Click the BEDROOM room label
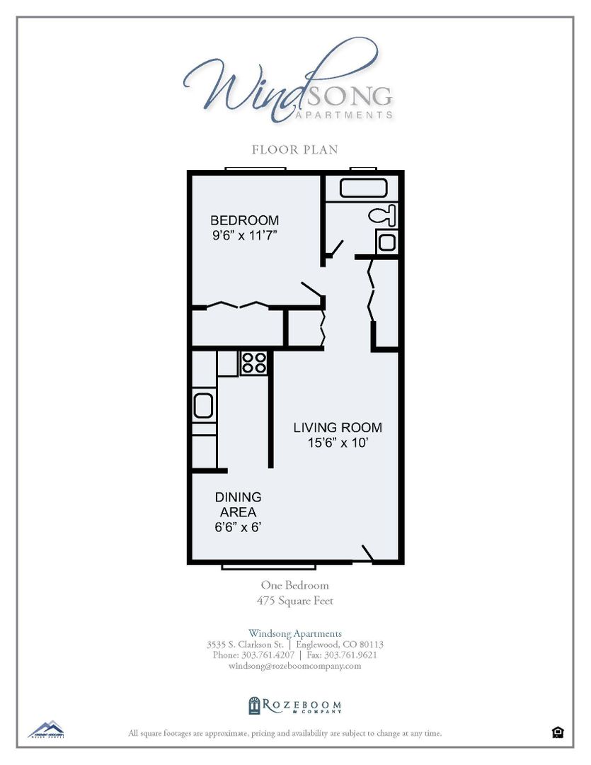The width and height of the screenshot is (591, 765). click(244, 220)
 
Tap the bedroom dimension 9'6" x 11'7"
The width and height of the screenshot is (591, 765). click(244, 236)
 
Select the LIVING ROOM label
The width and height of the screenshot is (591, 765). click(338, 428)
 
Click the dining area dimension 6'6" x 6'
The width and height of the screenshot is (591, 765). click(238, 527)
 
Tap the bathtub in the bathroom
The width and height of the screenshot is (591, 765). click(363, 188)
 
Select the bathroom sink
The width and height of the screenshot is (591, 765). click(386, 242)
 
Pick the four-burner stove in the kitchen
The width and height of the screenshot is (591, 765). click(253, 363)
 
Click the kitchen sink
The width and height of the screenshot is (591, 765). click(203, 407)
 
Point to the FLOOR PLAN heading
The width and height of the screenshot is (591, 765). click(295, 149)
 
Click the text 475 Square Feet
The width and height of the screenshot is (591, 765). click(295, 601)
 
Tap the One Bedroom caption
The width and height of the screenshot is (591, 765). click(295, 586)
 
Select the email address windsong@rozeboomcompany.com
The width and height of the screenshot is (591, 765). click(295, 666)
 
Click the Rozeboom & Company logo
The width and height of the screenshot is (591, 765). click(295, 705)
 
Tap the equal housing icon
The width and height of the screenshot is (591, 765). click(558, 732)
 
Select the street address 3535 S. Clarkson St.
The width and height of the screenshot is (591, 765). click(245, 645)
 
